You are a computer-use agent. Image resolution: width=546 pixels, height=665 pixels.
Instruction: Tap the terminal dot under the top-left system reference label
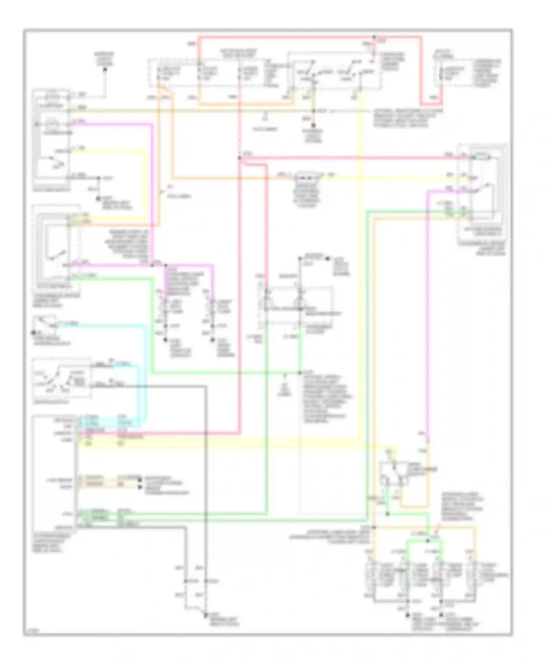(105, 69)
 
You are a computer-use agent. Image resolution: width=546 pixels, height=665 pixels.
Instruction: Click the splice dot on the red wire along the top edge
(374, 37)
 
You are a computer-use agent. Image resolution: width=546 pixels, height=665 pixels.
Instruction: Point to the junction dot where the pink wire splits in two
(153, 265)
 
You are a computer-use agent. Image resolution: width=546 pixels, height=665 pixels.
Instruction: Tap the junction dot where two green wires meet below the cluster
(300, 373)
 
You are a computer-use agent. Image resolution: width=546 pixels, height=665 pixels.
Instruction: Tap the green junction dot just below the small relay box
(387, 514)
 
